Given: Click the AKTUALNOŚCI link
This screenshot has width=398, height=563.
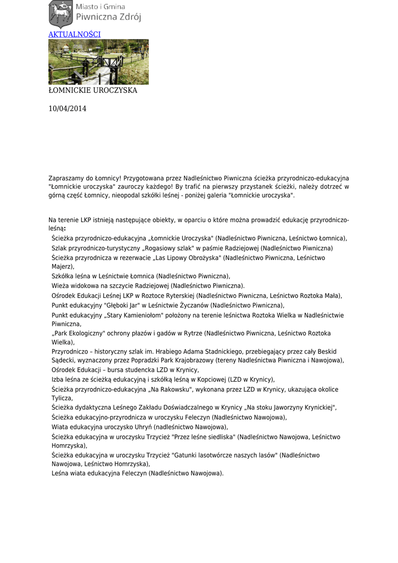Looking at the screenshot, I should coord(75,34).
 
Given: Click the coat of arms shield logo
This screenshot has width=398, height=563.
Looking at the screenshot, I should coord(60,14).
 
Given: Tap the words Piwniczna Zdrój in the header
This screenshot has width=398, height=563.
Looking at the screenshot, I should coord(108,17).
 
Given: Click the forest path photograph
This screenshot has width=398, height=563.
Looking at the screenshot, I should coord(98,62).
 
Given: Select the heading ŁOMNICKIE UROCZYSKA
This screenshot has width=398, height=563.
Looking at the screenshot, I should coord(93,90).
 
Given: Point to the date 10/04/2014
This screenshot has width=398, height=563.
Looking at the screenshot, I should coord(68,109).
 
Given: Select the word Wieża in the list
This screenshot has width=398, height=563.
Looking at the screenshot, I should coord(60,286).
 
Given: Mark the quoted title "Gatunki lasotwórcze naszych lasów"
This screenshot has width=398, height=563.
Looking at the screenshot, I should coord(226,455).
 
